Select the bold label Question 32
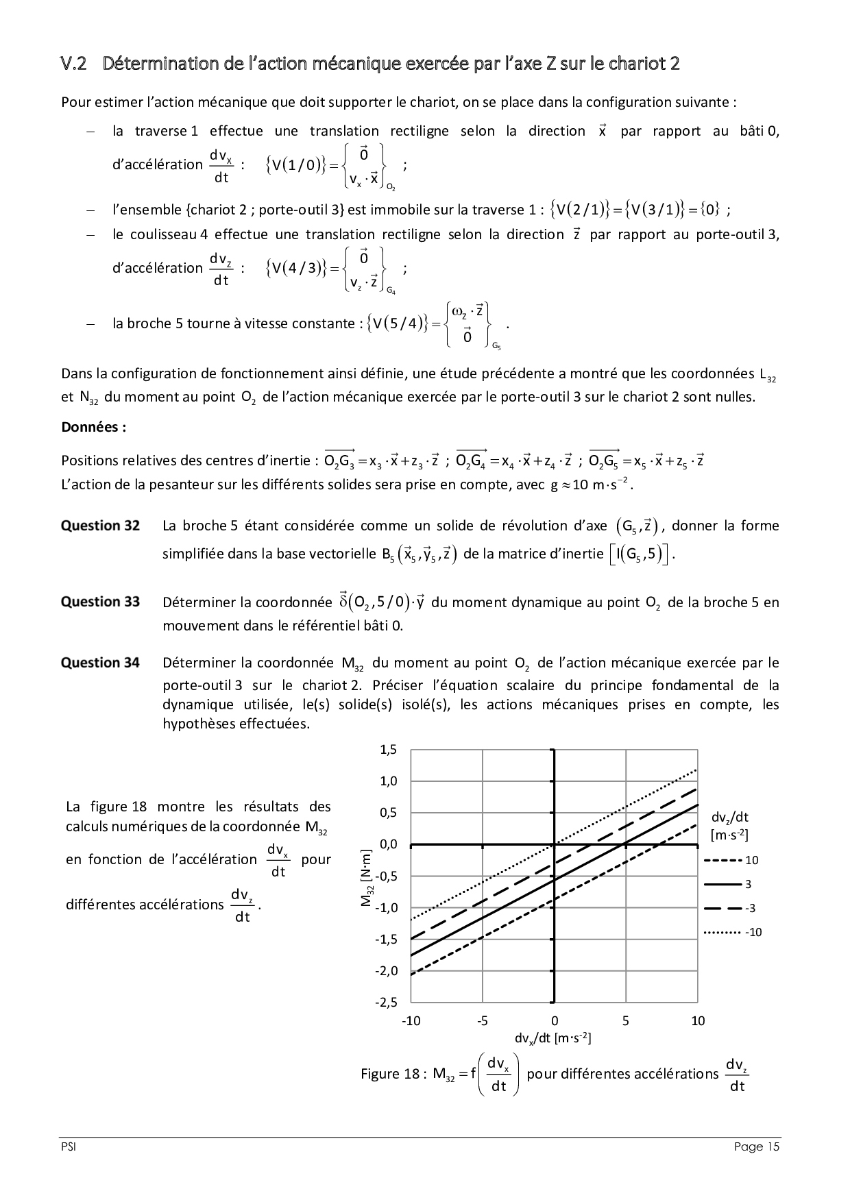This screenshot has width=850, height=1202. (x=100, y=526)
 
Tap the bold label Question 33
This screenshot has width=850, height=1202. (x=100, y=602)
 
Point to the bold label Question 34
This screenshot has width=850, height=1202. (x=100, y=663)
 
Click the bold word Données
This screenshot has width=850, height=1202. (x=93, y=427)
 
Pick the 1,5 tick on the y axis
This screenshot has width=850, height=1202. (x=388, y=750)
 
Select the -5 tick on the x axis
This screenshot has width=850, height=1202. (x=482, y=1020)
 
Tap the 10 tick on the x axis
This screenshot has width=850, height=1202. (x=697, y=1020)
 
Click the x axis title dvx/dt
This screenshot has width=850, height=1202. (x=552, y=1038)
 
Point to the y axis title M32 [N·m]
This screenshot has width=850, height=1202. (x=366, y=878)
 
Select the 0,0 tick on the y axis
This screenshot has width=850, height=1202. (x=388, y=845)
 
